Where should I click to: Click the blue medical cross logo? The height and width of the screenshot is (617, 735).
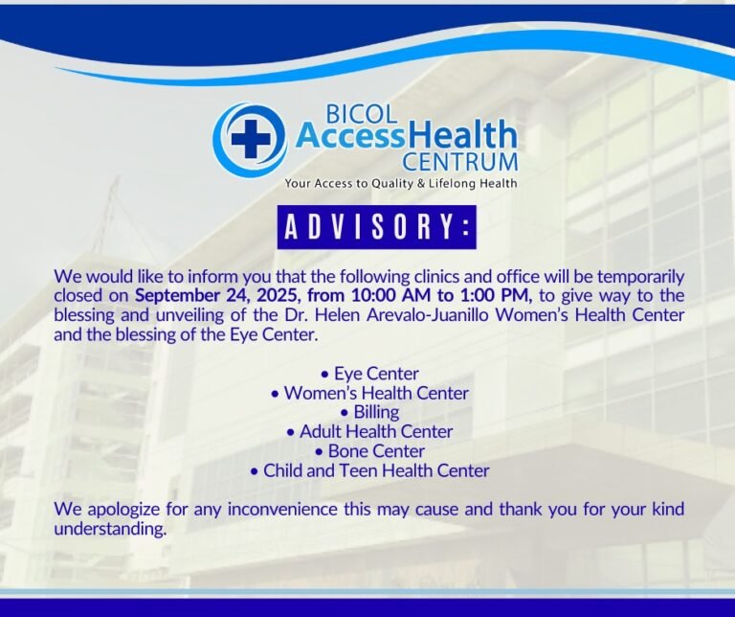coord(250,140)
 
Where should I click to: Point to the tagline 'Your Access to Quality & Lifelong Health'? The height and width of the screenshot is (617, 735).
coord(400,183)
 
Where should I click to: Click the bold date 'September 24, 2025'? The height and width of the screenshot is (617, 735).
coord(204,295)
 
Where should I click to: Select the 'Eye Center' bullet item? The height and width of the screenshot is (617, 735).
coord(369,374)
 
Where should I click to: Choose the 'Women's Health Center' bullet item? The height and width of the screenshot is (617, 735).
coord(369,393)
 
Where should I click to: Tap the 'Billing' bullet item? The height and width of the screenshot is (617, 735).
coord(369,412)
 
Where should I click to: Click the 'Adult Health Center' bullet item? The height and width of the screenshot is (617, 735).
coord(369,432)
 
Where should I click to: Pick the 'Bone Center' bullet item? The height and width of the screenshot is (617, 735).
coord(369,451)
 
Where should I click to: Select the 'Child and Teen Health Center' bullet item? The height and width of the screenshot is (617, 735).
coord(369,470)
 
